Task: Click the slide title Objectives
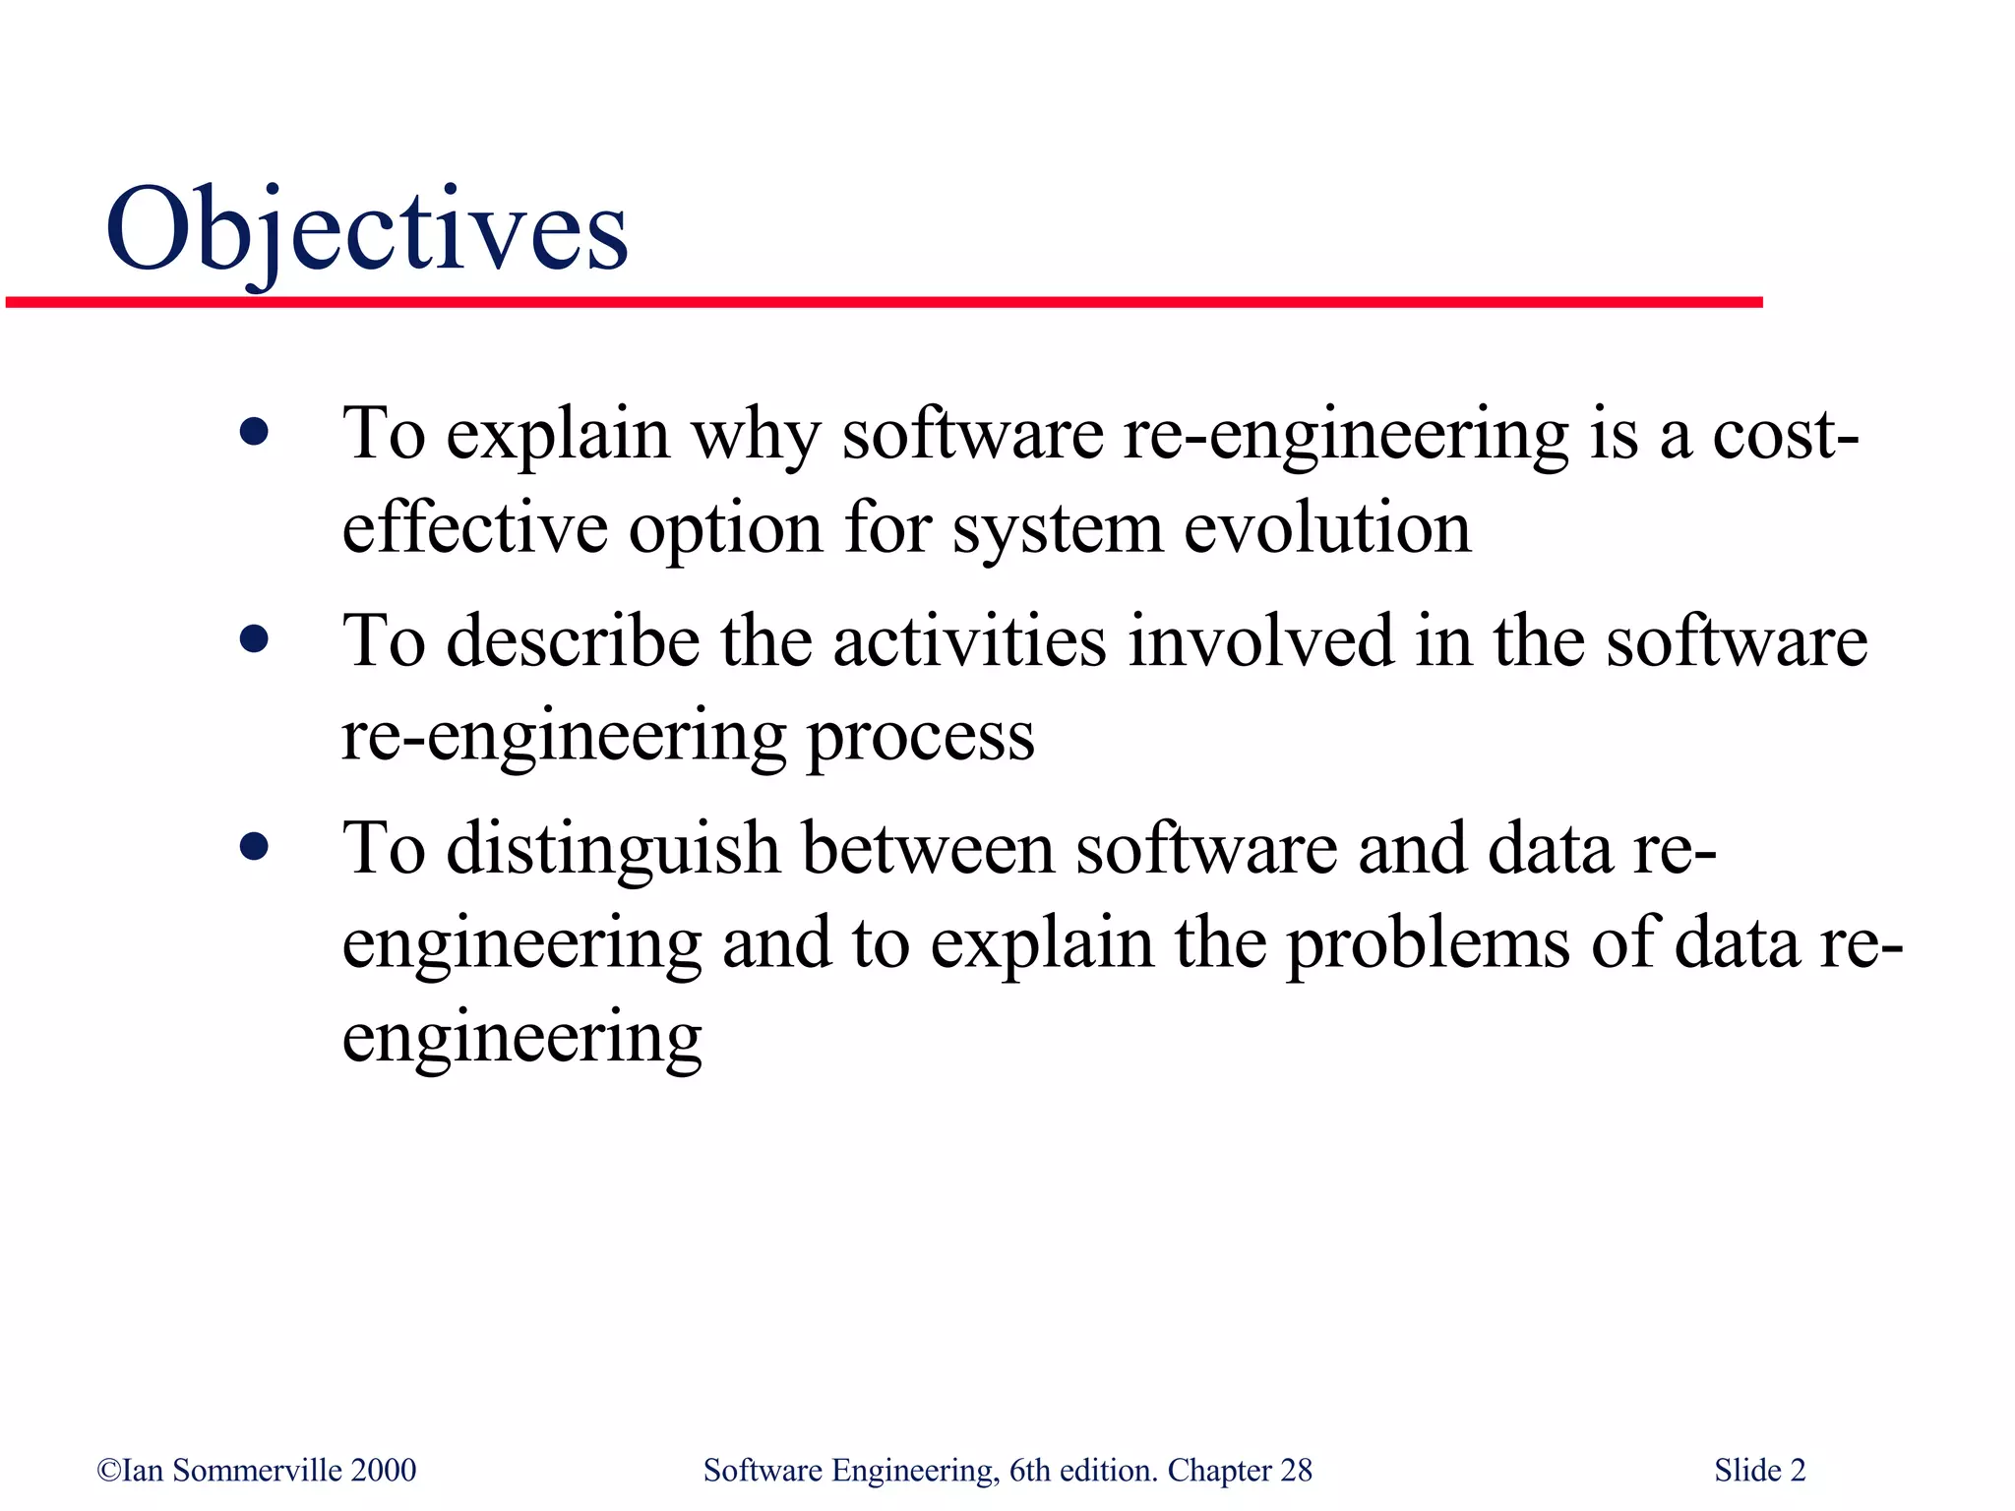tap(366, 231)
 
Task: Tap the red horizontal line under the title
tap(884, 303)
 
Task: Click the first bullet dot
tap(254, 432)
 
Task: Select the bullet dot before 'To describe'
tap(254, 640)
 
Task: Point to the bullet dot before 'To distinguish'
tap(254, 847)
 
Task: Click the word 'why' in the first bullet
tap(755, 436)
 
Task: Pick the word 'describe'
tap(573, 641)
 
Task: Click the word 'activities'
tap(970, 641)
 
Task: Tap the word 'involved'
tap(1260, 641)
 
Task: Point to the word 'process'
tap(920, 739)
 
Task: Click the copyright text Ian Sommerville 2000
tap(257, 1471)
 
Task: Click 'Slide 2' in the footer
tap(1759, 1471)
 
